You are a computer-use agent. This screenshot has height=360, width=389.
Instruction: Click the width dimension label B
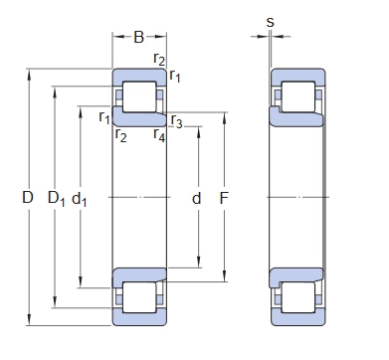pos(139,37)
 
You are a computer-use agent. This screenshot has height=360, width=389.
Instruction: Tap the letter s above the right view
pos(271,23)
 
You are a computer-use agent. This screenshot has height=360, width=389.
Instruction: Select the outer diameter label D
pos(28,197)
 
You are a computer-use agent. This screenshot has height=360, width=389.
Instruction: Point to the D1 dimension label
pos(57,199)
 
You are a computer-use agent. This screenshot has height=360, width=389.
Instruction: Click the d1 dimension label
pos(80,199)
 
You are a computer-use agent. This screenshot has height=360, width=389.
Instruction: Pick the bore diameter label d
pos(197,198)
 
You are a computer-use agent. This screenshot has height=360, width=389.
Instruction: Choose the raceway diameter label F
pos(224,198)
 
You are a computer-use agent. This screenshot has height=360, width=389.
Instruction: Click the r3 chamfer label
pos(176,121)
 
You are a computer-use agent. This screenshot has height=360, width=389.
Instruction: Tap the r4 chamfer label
pos(159,135)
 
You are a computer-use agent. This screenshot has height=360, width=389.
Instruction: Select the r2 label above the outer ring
pos(159,59)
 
